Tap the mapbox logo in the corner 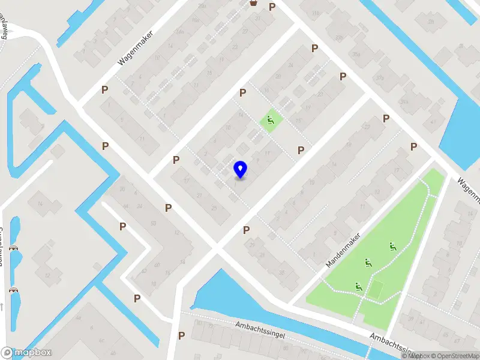(x=26, y=353)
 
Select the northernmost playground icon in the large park (x=392, y=246)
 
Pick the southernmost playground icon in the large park (x=359, y=287)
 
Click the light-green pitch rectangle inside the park (x=376, y=289)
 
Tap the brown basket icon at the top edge (x=254, y=3)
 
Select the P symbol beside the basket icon (x=272, y=7)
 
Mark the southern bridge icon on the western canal (x=13, y=290)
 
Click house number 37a (x=379, y=77)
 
